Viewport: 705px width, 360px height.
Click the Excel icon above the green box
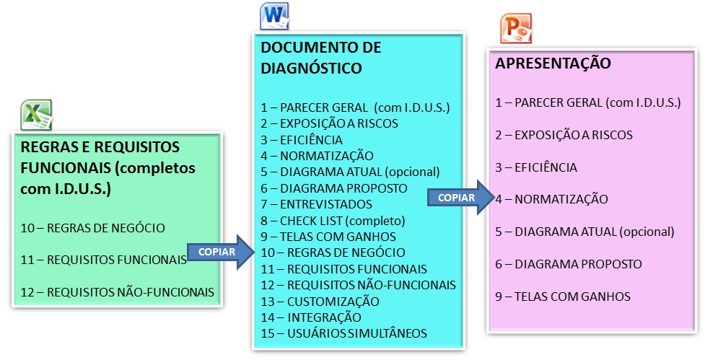coord(36,115)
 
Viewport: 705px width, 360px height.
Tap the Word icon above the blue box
coord(274,16)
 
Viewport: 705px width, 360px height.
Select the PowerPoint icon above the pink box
coord(516,28)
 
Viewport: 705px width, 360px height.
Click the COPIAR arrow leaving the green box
coord(221,252)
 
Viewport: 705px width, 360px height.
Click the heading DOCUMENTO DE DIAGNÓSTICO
coord(321,58)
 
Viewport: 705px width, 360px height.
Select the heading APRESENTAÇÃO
coord(553,63)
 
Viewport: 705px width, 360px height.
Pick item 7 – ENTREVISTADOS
coord(317,204)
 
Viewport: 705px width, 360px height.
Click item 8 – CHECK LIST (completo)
coord(333,221)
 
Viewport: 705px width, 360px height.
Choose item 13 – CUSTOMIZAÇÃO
coord(320,301)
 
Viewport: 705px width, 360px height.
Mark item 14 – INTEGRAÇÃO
coord(311,317)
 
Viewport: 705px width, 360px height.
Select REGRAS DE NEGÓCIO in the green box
coord(106,228)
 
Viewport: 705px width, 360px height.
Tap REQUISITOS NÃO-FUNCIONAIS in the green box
coord(131,292)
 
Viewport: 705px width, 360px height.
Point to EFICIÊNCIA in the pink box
coord(546,167)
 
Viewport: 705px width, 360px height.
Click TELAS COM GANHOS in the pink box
coord(572,297)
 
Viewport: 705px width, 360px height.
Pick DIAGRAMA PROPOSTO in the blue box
coord(344,188)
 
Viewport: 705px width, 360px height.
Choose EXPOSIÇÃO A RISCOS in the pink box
coord(574,135)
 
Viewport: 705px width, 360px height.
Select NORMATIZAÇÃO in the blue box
coord(327,156)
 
